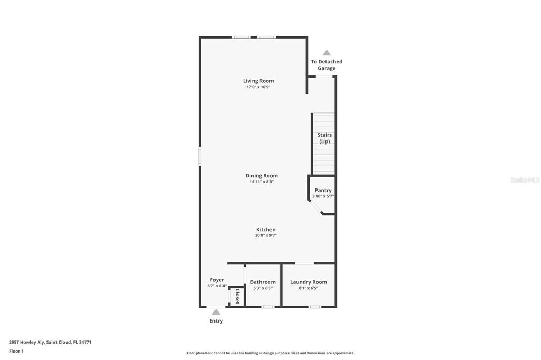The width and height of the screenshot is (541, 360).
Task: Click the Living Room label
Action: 258,81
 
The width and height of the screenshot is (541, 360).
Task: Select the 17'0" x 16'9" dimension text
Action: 258,87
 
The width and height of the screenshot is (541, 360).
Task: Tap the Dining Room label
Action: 262,176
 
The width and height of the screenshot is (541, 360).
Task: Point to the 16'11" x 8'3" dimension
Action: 262,182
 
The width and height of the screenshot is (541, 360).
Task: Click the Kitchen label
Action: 266,230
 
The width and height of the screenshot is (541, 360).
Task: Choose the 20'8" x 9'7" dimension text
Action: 266,235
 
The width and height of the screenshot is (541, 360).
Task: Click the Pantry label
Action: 323,190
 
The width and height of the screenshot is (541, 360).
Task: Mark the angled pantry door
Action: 315,207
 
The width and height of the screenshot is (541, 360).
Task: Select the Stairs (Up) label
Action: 324,138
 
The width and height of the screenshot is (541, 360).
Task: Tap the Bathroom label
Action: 263,282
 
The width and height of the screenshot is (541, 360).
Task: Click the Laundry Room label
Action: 309,282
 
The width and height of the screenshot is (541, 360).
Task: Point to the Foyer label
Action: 217,280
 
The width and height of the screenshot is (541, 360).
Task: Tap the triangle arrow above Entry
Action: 216,312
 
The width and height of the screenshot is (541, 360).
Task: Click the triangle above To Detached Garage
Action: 327,53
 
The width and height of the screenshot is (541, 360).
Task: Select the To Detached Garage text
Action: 327,65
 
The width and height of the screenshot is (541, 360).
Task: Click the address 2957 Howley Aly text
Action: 50,342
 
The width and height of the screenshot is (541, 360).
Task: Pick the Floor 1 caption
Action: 16,351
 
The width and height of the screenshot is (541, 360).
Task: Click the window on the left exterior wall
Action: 200,156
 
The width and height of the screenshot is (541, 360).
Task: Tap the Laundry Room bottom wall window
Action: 314,307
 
